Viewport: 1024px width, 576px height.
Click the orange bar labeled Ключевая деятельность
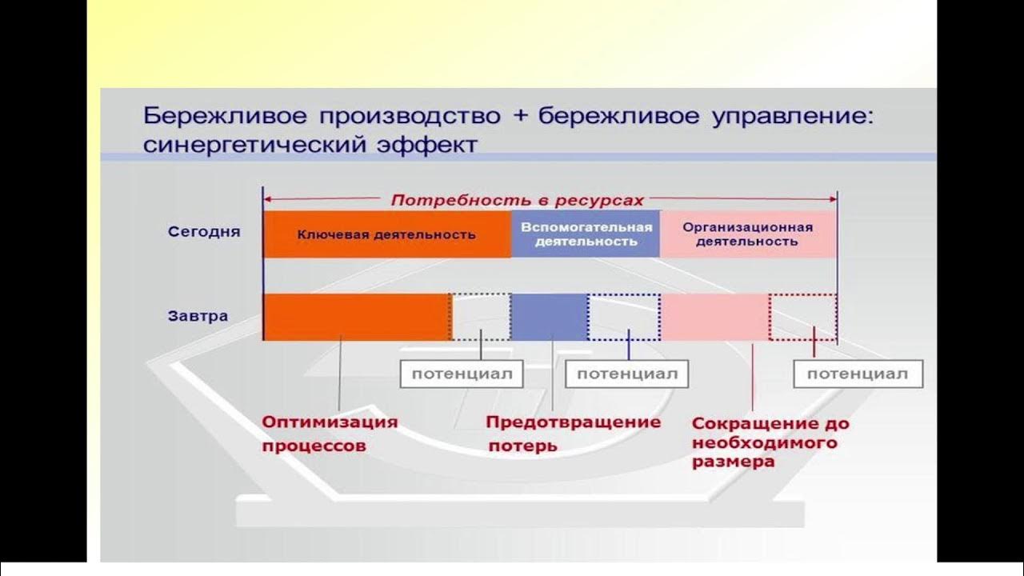coord(386,234)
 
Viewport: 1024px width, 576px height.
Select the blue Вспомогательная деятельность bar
coord(586,234)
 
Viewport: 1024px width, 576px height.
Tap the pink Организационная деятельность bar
coord(748,234)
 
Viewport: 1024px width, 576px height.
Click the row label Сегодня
coord(204,232)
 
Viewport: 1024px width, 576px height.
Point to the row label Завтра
coord(198,316)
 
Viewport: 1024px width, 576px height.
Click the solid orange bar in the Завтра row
coord(356,317)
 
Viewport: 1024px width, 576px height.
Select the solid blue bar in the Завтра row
coord(549,317)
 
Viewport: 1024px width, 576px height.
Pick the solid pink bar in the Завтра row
coord(715,317)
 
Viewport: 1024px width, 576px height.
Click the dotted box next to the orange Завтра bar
coord(481,317)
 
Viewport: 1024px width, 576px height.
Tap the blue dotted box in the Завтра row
coord(624,317)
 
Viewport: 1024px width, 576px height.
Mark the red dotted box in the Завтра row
coord(803,317)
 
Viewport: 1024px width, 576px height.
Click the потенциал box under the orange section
coord(462,374)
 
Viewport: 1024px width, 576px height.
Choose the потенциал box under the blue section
coord(626,374)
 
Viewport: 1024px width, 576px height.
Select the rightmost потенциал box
coord(858,374)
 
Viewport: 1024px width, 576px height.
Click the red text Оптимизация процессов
coord(330,434)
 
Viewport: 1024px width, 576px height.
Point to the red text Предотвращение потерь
coord(574,433)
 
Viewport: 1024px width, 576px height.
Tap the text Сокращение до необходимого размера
coord(770,442)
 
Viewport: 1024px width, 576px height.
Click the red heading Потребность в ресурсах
coord(517,200)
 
